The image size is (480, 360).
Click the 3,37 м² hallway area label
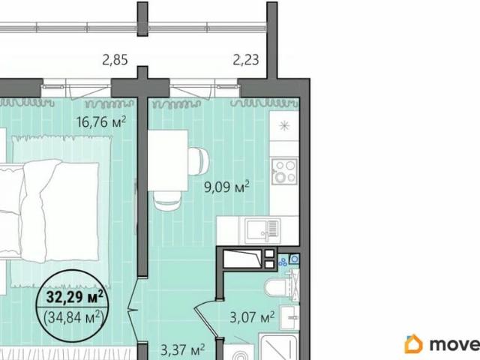(183, 349)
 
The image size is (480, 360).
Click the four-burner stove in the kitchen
(283, 171)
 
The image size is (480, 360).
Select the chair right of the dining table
(199, 159)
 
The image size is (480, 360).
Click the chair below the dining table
(167, 200)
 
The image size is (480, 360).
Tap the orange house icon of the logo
(413, 344)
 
